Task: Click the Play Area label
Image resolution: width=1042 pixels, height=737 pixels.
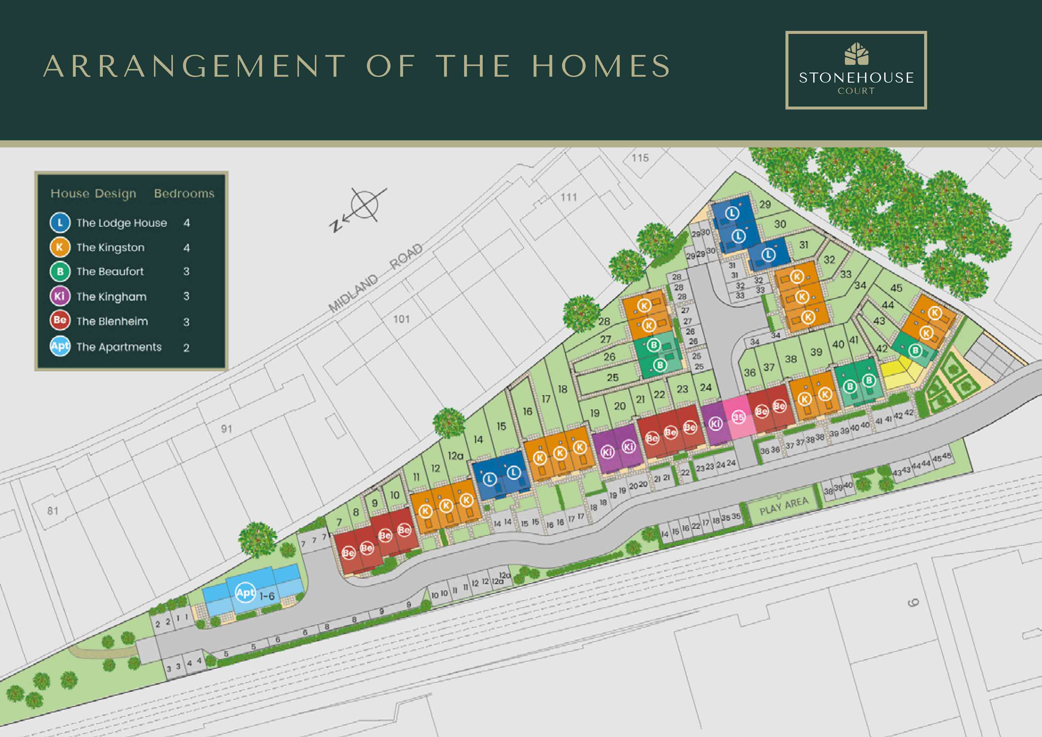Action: pyautogui.click(x=784, y=505)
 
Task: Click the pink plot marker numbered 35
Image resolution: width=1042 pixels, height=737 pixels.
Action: pyautogui.click(x=738, y=417)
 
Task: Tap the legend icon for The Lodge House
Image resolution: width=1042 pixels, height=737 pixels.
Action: pyautogui.click(x=60, y=223)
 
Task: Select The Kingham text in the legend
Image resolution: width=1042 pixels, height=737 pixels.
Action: pyautogui.click(x=111, y=297)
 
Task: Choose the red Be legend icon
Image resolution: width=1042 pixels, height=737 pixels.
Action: pyautogui.click(x=60, y=320)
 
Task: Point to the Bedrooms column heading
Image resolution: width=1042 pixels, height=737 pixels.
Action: pyautogui.click(x=184, y=193)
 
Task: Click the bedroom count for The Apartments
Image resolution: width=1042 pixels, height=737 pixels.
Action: pyautogui.click(x=186, y=348)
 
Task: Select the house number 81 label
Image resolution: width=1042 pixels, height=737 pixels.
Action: pyautogui.click(x=53, y=511)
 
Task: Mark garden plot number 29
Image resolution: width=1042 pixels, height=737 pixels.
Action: pyautogui.click(x=765, y=204)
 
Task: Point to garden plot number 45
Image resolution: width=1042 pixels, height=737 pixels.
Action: pyautogui.click(x=896, y=288)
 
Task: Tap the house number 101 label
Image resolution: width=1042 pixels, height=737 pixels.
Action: pyautogui.click(x=401, y=319)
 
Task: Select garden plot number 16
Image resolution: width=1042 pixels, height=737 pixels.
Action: pyautogui.click(x=527, y=411)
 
